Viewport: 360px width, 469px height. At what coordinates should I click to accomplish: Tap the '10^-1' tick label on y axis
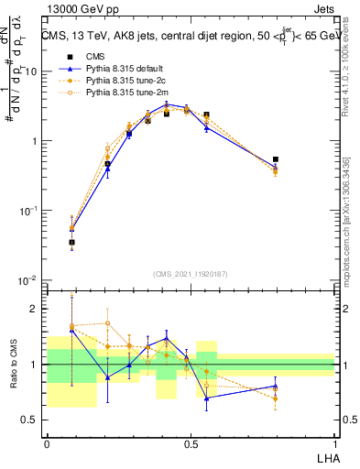(x=29, y=210)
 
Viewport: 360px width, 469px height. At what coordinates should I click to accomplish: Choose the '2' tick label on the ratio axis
(x=37, y=309)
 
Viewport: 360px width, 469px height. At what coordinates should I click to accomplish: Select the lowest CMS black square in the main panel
(x=72, y=242)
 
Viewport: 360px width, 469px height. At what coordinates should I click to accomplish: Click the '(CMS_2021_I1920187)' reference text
(x=191, y=273)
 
